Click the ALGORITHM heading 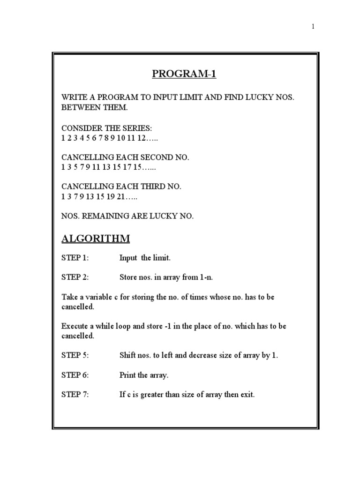pyautogui.click(x=96, y=239)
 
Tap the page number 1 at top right pyautogui.click(x=313, y=27)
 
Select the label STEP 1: pyautogui.click(x=75, y=258)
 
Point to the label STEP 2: pyautogui.click(x=75, y=277)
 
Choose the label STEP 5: pyautogui.click(x=75, y=355)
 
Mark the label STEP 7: pyautogui.click(x=75, y=394)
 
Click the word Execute pyautogui.click(x=76, y=326)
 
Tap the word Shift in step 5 pyautogui.click(x=128, y=355)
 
